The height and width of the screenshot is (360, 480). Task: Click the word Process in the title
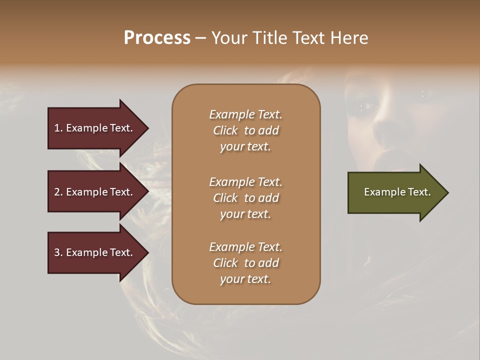157,38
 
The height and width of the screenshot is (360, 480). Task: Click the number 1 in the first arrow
57,128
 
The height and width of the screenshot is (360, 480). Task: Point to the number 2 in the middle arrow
57,192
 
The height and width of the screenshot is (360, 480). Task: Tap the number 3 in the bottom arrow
57,252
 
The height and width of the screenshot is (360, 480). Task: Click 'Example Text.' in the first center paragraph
245,114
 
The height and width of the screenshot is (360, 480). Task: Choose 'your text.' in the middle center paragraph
245,214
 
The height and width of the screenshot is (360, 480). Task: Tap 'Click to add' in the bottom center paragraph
245,263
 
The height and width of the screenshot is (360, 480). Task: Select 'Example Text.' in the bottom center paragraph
245,247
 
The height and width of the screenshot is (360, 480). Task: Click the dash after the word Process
200,38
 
